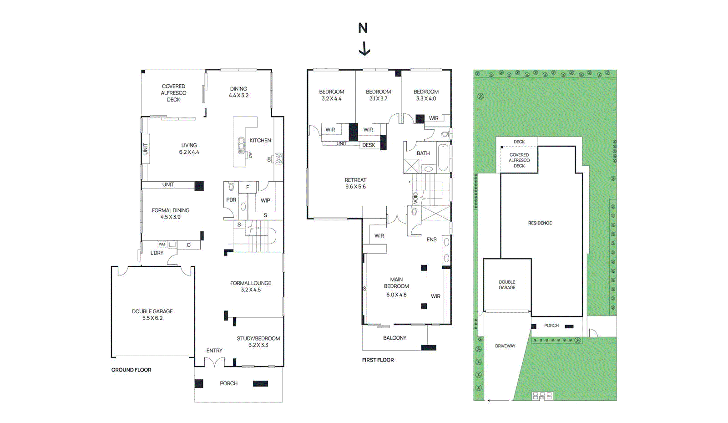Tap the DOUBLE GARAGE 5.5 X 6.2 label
(x=152, y=315)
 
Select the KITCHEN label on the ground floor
(x=260, y=140)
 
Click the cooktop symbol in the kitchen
(x=278, y=159)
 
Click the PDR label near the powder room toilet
(x=231, y=200)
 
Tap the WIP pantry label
(x=265, y=200)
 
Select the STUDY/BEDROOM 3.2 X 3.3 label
(x=258, y=341)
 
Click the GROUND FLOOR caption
(x=131, y=370)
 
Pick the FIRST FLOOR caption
(x=378, y=360)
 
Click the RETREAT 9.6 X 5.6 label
(x=355, y=183)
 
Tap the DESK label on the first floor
(x=369, y=145)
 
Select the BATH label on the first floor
(x=423, y=153)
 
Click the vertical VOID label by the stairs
(x=415, y=198)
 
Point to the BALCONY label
(x=394, y=338)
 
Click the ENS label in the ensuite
(x=431, y=240)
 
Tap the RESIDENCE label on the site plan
(x=540, y=223)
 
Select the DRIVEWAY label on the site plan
(x=505, y=346)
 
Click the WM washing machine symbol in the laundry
(x=162, y=245)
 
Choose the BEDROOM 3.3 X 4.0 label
(x=426, y=95)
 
